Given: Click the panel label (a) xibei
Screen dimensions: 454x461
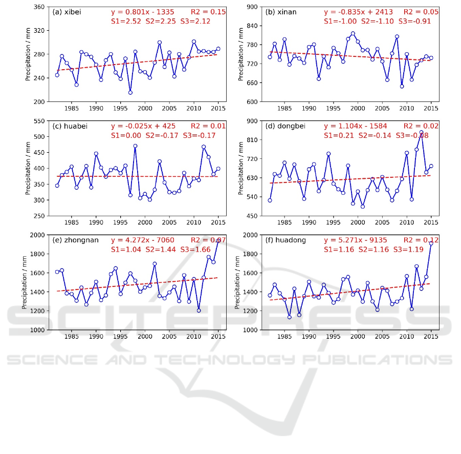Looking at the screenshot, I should point(68,11).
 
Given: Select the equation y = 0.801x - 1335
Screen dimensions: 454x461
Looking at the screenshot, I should point(144,11).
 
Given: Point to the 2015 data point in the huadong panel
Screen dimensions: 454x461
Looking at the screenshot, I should point(431,243).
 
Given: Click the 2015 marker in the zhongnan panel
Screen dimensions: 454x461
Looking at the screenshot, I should point(218,240).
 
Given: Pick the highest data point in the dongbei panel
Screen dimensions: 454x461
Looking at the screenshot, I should point(421,132).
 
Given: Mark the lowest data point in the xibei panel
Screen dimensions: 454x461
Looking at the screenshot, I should point(130,93).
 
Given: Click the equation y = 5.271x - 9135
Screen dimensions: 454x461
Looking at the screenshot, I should point(357,239).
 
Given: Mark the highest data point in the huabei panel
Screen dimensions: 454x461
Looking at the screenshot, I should point(135,146).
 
